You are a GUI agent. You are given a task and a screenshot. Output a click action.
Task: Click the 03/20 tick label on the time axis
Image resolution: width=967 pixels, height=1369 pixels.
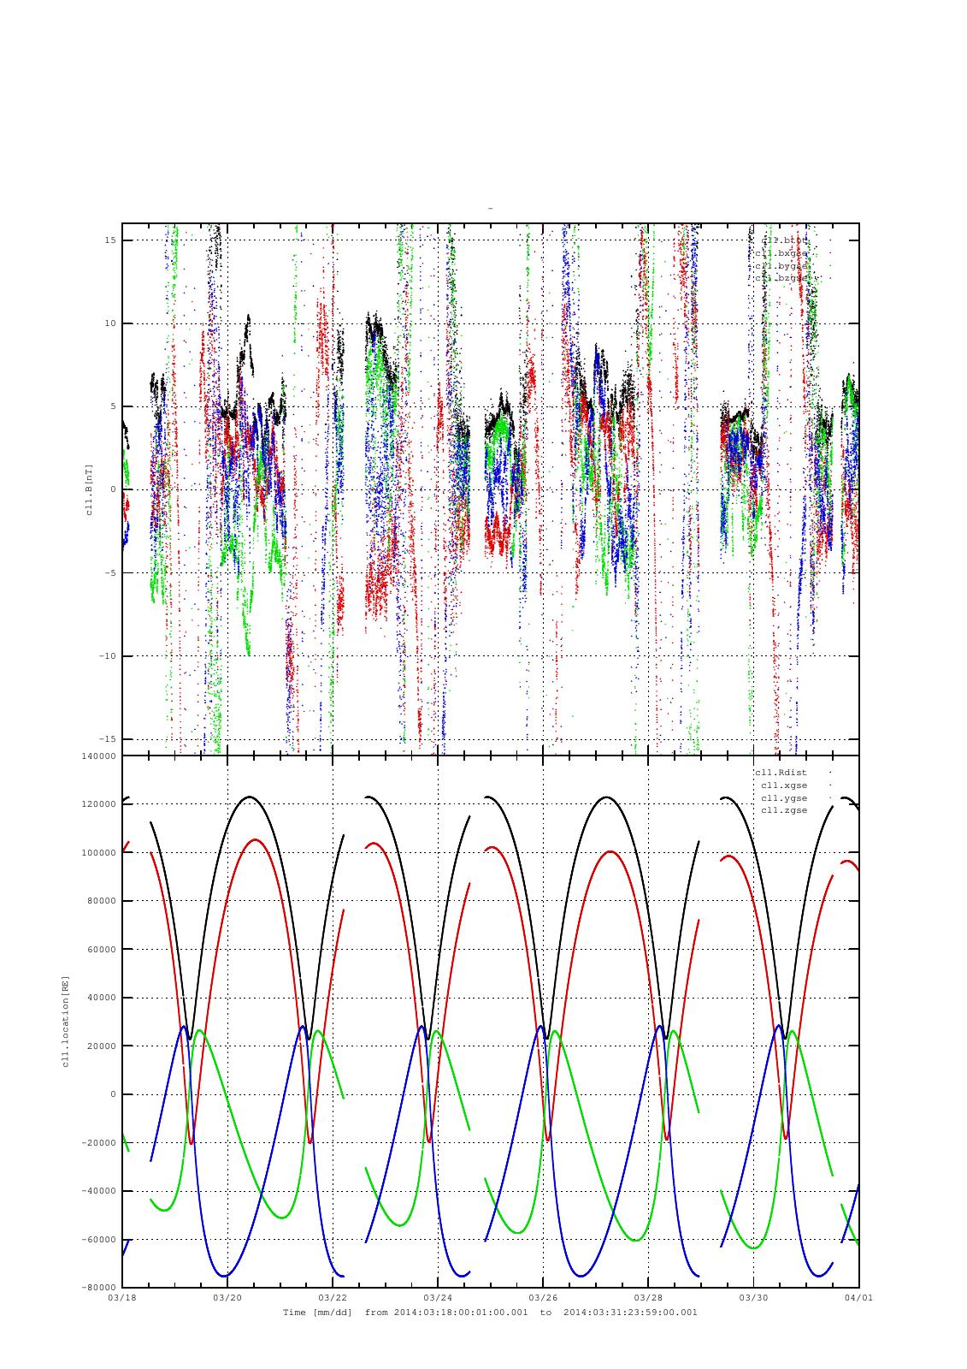point(227,1297)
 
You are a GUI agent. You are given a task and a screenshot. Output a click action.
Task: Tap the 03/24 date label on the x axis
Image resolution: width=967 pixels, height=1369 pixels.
point(437,1297)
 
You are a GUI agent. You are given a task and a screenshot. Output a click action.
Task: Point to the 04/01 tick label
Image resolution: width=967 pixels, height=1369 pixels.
point(858,1297)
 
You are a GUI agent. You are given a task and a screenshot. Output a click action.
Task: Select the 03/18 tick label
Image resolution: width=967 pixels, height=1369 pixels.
point(121,1297)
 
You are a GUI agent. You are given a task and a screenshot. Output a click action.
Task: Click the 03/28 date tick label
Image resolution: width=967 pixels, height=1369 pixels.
point(647,1297)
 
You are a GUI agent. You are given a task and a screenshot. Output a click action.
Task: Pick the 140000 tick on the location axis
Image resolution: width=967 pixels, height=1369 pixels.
point(97,756)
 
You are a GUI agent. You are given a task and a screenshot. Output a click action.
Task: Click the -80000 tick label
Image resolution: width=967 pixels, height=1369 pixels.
point(97,1288)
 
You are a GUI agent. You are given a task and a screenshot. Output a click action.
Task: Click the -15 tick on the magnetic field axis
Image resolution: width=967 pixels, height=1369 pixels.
point(107,739)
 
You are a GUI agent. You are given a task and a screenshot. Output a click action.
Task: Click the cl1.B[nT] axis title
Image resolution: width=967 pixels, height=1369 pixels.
point(88,489)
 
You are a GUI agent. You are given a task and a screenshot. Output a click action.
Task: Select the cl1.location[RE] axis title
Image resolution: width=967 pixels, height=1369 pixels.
point(64,1021)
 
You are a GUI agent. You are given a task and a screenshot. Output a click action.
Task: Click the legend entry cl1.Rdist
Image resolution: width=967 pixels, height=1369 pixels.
point(781,773)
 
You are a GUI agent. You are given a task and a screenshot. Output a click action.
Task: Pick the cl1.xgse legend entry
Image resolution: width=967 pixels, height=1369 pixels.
point(783,785)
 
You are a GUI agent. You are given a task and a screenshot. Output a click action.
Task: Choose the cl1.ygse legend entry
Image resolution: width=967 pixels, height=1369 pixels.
point(783,798)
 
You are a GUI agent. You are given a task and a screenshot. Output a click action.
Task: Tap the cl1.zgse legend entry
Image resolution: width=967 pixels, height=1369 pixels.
point(783,810)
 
